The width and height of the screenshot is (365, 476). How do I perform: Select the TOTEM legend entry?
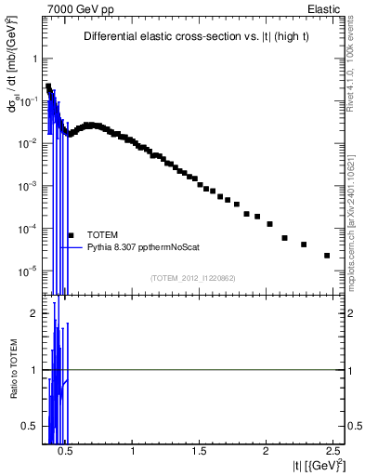(102, 235)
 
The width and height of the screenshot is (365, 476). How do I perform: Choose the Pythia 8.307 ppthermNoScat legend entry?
(143, 248)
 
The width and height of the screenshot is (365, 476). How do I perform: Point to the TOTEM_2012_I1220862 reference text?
(194, 278)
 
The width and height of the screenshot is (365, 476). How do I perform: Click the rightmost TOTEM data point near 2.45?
(327, 256)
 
